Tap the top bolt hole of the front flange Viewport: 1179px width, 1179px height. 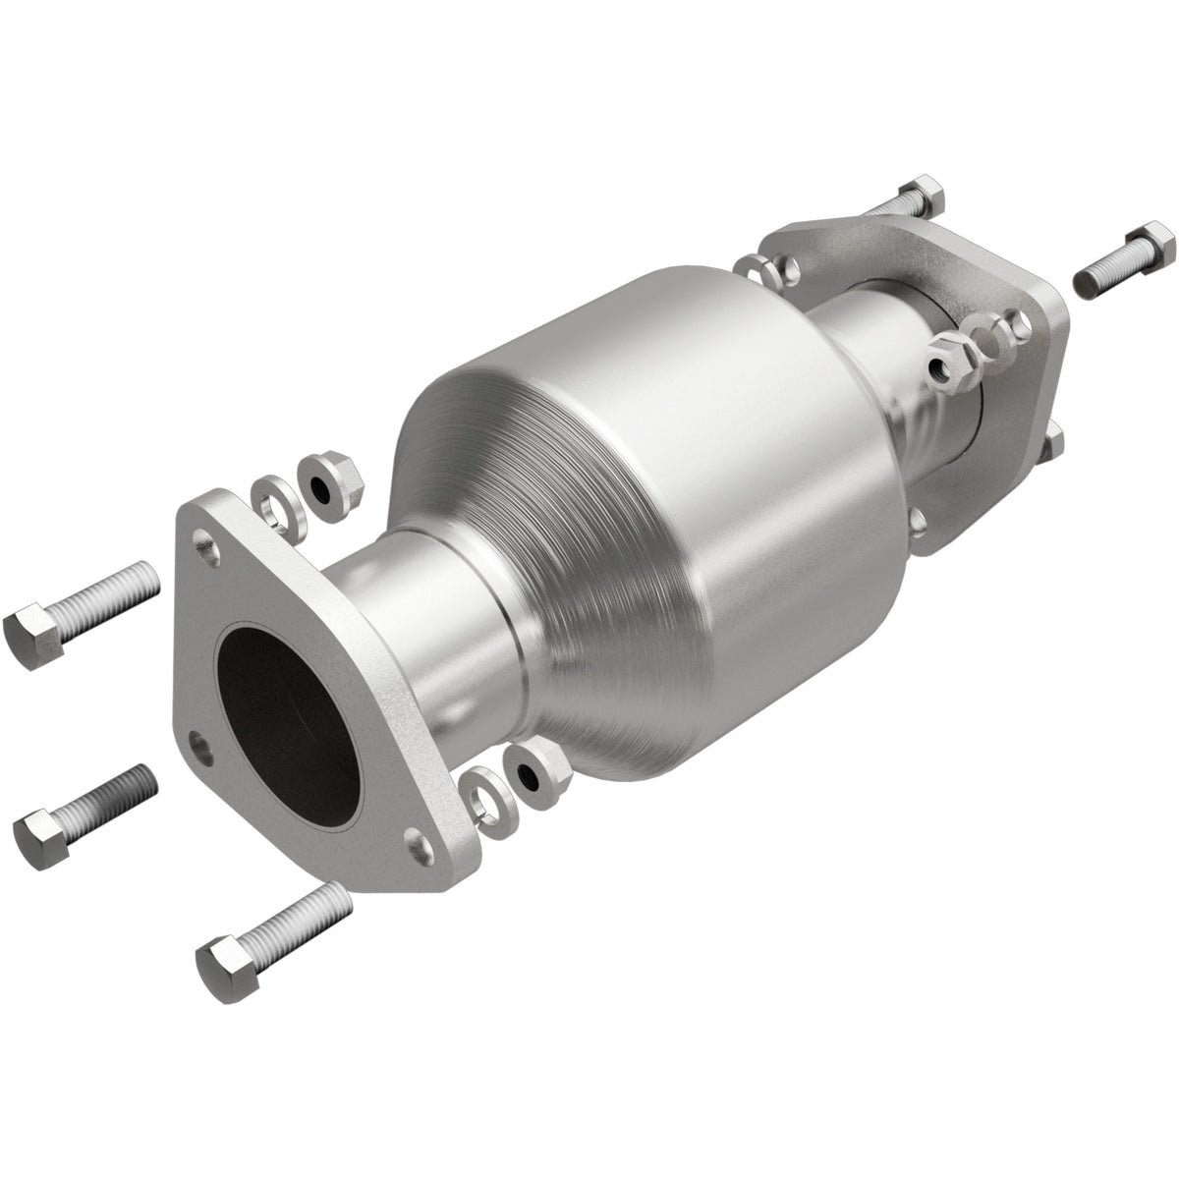204,539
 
